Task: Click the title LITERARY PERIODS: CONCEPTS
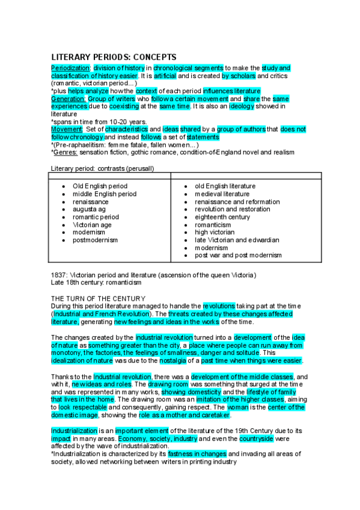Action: [114, 57]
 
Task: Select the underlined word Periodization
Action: [70, 69]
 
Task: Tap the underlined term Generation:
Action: [69, 99]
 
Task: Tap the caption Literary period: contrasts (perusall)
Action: [102, 168]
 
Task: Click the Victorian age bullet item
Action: [92, 225]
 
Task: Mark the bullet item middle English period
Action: [105, 194]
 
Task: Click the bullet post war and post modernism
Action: [238, 255]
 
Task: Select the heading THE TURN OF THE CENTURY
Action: [98, 298]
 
